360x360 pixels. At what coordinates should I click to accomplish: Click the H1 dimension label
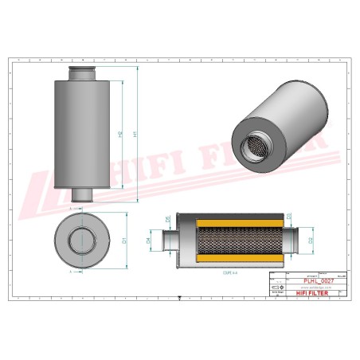[x=135, y=135]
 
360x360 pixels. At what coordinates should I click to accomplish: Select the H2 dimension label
[x=120, y=135]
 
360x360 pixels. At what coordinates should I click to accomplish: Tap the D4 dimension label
[x=149, y=238]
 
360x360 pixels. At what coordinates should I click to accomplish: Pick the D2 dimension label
[x=310, y=238]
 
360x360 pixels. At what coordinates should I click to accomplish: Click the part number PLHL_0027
[x=316, y=280]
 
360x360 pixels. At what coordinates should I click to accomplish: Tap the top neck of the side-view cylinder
[x=82, y=74]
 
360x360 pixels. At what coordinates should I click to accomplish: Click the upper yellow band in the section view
[x=229, y=221]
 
